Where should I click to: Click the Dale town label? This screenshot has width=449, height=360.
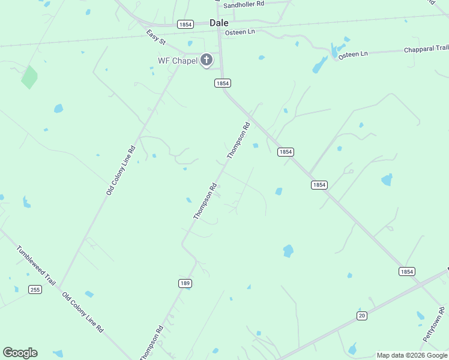coord(218,23)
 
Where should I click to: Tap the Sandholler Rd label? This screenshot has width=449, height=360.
coord(244,4)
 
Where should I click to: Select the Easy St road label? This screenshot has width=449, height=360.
coord(156,36)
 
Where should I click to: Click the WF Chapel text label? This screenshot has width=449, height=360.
coord(177,61)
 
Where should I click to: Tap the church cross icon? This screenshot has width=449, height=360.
coord(206,60)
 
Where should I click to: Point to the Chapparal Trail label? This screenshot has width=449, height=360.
coord(426,49)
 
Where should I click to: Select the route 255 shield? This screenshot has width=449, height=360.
coord(35,290)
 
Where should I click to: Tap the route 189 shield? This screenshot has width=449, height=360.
coord(185,283)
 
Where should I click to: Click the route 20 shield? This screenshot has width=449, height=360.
coord(361,316)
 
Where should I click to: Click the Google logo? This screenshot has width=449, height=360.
coord(20,353)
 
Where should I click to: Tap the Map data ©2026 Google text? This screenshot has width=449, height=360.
coord(412,355)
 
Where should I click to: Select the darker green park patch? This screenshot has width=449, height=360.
coord(29,77)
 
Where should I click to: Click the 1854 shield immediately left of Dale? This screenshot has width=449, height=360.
coord(185,24)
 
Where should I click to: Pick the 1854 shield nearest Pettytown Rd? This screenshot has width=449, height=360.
coord(406,272)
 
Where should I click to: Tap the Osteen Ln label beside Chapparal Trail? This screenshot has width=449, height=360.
coord(352,55)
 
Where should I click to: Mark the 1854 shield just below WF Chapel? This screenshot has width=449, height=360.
coord(223,83)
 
